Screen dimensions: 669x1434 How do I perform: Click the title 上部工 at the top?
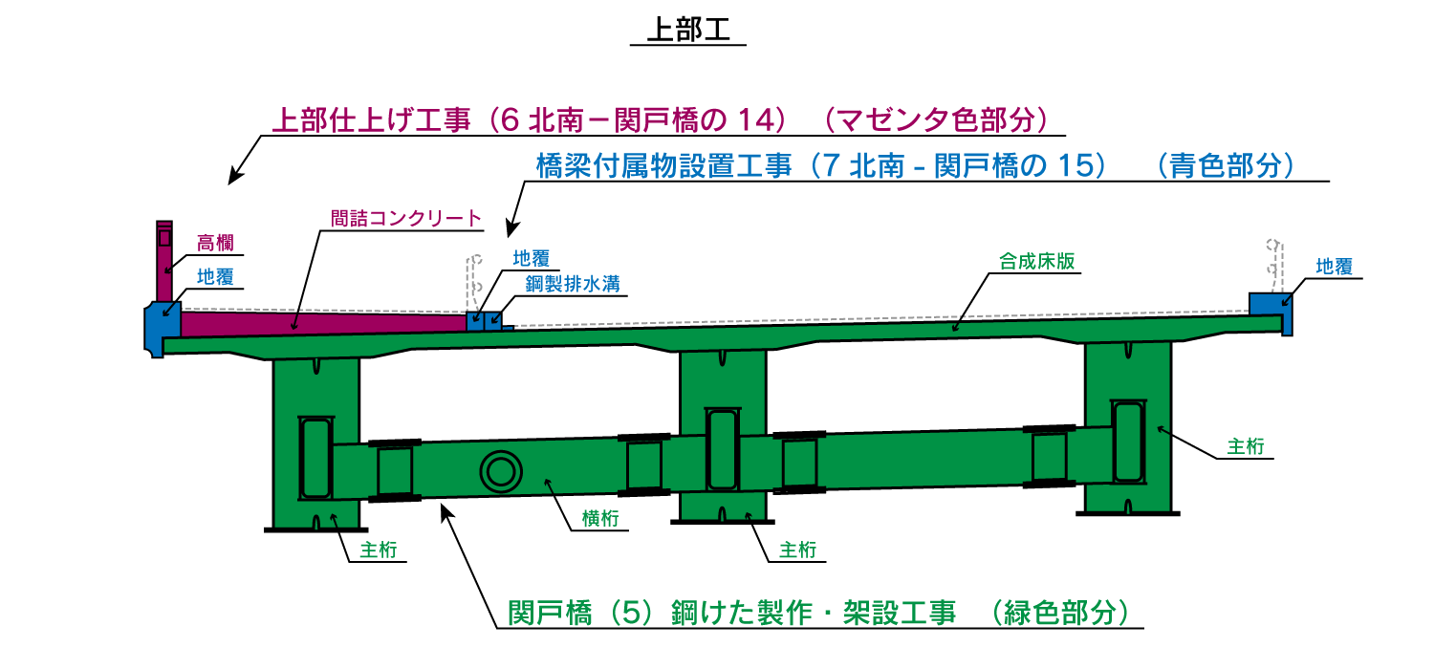pos(688,29)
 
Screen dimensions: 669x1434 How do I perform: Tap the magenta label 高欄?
pos(215,243)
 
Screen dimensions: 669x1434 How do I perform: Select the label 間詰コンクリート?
pos(406,218)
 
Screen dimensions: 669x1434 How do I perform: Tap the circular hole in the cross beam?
pos(500,471)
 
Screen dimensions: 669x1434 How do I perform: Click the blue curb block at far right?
pos(1269,303)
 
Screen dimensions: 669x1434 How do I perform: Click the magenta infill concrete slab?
pos(315,323)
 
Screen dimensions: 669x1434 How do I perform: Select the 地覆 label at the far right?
pos(1334,267)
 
